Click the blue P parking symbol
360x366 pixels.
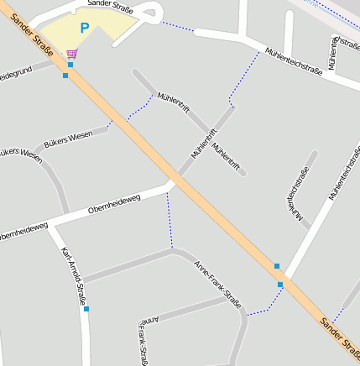click(84, 29)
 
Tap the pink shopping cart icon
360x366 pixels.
click(72, 53)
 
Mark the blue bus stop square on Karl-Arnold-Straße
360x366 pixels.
click(86, 309)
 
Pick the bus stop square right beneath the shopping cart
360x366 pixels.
click(70, 64)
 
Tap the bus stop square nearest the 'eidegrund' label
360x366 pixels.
click(65, 76)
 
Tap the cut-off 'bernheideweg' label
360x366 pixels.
click(23, 229)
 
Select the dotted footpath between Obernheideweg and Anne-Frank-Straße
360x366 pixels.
click(170, 220)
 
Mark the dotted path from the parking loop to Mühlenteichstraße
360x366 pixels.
click(179, 26)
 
